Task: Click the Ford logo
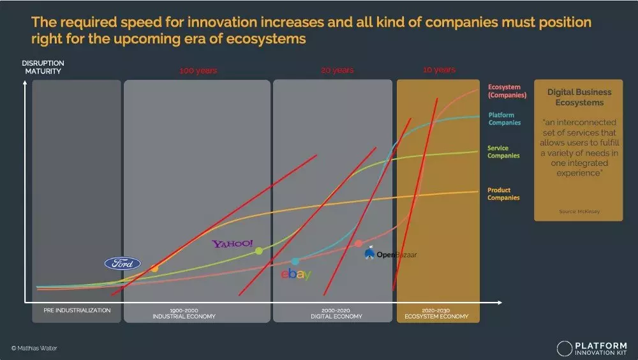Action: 122,264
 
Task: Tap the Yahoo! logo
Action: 233,244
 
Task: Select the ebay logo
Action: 296,274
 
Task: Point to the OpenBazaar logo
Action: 390,255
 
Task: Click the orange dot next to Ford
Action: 154,269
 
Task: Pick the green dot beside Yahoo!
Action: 258,251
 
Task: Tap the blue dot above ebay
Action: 295,261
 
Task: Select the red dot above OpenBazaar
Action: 359,243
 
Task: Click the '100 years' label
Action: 198,71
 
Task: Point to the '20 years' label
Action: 338,70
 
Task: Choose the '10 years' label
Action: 439,70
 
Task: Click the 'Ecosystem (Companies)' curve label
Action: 507,91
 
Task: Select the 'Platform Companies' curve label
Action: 504,119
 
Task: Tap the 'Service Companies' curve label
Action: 503,152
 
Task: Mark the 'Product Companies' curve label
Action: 503,194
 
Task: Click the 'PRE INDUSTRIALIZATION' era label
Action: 77,311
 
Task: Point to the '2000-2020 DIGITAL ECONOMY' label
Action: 336,313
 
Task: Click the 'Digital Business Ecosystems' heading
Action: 579,97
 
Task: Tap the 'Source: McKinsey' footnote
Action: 579,211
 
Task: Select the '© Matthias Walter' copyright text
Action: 34,348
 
